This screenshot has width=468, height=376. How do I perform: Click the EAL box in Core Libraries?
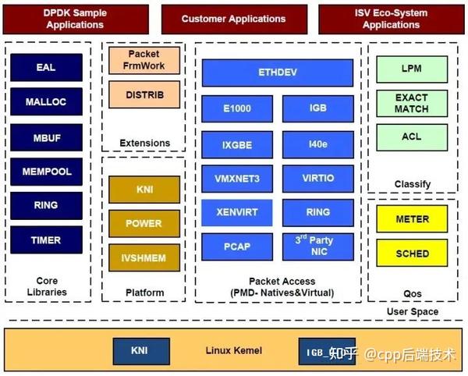pos(46,68)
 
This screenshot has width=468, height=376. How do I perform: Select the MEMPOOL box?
pos(46,172)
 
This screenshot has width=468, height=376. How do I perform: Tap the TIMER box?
pos(46,240)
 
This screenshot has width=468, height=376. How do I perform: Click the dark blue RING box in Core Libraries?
pos(46,206)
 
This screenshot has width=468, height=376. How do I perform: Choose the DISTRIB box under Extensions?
pos(144,96)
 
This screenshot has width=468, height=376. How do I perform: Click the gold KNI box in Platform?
pos(144,190)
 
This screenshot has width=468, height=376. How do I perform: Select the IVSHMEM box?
pos(144,257)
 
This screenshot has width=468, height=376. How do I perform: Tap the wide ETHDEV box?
pos(278,73)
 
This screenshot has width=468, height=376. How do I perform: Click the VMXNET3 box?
pos(237,179)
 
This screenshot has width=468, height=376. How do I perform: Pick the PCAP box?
pos(237,247)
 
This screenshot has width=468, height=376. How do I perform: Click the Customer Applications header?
pos(233,19)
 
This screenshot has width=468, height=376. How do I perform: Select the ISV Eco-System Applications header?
pos(392,19)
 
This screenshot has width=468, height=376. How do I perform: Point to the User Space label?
pos(412,312)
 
